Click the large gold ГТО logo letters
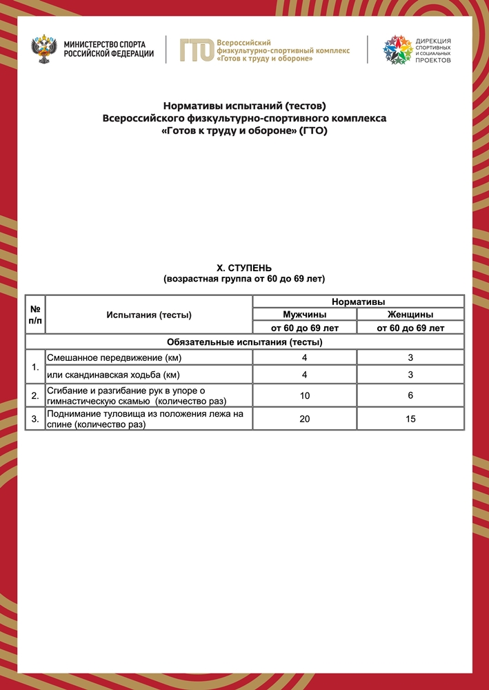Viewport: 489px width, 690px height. tap(196, 50)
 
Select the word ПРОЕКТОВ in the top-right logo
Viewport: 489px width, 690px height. tap(433, 61)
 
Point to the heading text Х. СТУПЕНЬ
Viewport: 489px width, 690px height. tap(244, 268)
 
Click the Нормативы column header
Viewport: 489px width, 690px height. tap(358, 302)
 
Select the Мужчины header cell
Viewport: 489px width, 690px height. tap(304, 315)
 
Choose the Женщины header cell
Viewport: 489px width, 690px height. tap(410, 315)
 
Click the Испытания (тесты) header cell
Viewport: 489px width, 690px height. tap(149, 315)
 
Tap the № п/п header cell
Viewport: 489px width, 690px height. tap(35, 315)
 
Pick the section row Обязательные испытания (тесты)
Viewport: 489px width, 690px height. tap(245, 342)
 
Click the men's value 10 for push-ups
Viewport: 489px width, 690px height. tap(305, 395)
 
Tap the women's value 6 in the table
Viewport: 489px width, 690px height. tap(410, 395)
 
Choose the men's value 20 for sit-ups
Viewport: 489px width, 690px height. tap(305, 419)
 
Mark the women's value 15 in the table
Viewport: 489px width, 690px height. tap(410, 419)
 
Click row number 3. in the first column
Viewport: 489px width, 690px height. tap(35, 419)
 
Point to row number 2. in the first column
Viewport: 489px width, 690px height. tap(35, 395)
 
